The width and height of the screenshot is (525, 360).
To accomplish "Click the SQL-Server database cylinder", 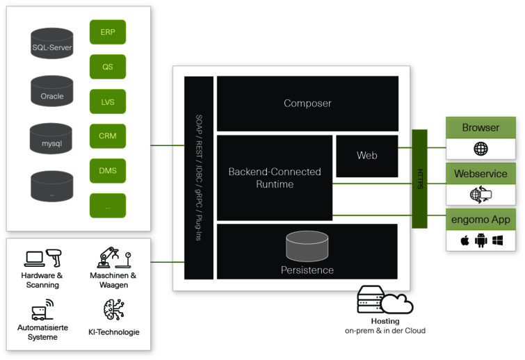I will pos(52,43).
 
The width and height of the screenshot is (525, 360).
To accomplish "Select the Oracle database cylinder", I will pos(52,91).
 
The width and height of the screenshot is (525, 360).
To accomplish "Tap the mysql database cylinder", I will pos(52,139).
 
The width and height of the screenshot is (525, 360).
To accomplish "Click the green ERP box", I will pos(108,32).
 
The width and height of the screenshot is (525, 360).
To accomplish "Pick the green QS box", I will pos(108,67).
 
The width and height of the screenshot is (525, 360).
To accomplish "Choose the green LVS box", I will pos(108,101).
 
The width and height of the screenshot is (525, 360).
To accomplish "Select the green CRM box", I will pos(108,136).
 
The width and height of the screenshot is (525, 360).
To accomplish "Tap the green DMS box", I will pos(108,171).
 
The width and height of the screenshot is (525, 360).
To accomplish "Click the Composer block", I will pos(307,104).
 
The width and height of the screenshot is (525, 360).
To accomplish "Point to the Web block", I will pos(366,156).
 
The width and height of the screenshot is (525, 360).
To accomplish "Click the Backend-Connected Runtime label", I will pos(275,178).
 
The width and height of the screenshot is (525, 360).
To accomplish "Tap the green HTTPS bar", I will pos(420,169).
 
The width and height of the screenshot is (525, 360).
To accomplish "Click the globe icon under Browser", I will pos(480,149).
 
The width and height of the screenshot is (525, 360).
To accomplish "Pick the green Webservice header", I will pos(480,174).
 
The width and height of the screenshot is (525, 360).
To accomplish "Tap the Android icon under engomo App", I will pos(481,241).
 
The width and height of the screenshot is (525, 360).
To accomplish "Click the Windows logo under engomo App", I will pos(497,241).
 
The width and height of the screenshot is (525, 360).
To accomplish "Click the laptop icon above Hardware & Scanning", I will pos(34,259).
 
